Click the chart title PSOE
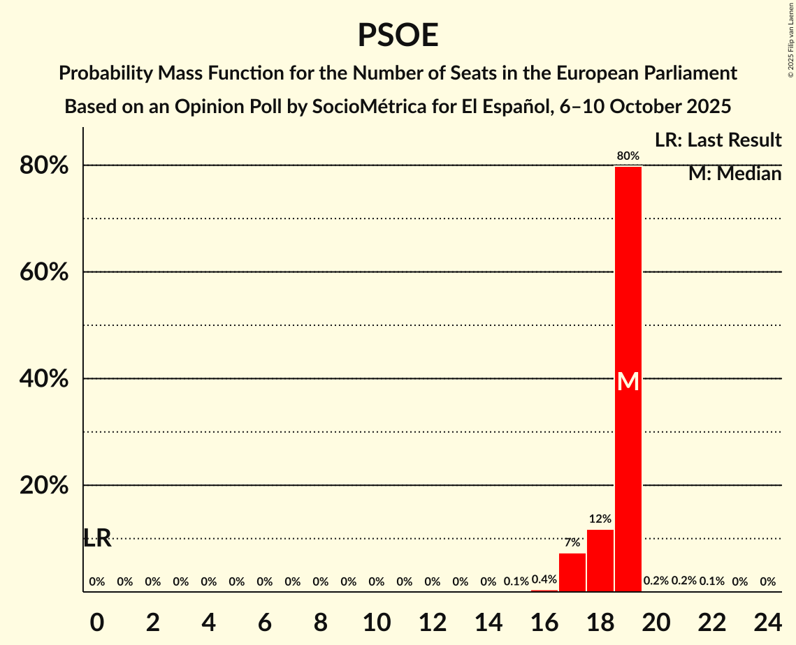pyautogui.click(x=398, y=35)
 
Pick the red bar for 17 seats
pyautogui.click(x=572, y=572)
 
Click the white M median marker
pyautogui.click(x=628, y=381)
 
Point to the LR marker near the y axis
pyautogui.click(x=97, y=538)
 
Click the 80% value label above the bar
pyautogui.click(x=628, y=156)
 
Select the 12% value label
pyautogui.click(x=600, y=519)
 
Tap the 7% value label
pyautogui.click(x=572, y=542)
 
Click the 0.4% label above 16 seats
pyautogui.click(x=544, y=579)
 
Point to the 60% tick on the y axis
pyautogui.click(x=44, y=272)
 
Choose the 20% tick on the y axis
pyautogui.click(x=44, y=486)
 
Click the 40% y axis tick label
pyautogui.click(x=44, y=379)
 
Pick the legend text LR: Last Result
pyautogui.click(x=718, y=140)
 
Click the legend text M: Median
pyautogui.click(x=734, y=174)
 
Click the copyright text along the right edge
pyautogui.click(x=790, y=38)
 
